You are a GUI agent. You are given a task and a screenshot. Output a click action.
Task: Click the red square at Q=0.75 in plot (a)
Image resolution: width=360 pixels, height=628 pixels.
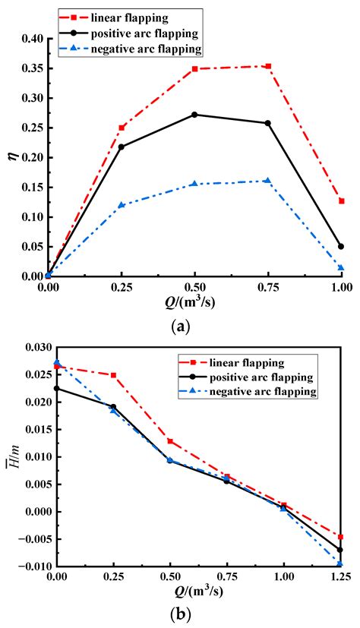coord(268,67)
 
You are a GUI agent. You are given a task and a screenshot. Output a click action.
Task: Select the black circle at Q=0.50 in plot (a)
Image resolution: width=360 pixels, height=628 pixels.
coord(194,115)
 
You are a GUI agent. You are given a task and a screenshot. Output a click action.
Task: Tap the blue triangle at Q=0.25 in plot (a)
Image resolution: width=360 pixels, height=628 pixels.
coord(121,205)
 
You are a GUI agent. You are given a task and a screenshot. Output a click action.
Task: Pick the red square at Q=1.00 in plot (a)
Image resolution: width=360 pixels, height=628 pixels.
coord(341,201)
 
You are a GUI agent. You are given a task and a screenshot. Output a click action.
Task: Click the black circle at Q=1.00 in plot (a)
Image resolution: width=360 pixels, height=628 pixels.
coord(341,246)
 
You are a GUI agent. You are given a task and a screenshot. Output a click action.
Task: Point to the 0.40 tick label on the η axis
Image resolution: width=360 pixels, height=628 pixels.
coord(28,39)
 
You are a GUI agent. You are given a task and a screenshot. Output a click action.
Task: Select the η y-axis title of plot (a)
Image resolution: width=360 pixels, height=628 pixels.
coord(9,157)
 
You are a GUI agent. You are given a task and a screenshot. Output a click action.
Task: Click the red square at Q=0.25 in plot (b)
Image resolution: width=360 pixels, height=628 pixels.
coord(114,375)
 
